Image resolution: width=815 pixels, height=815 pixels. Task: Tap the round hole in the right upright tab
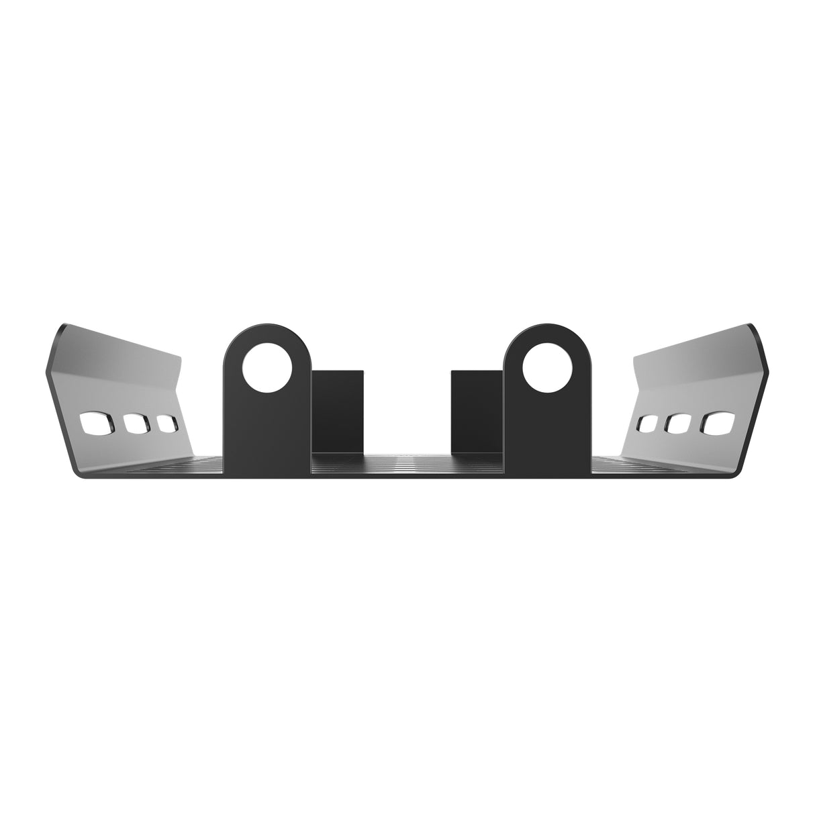tap(548, 369)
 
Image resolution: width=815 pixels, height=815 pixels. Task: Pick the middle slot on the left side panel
tap(136, 424)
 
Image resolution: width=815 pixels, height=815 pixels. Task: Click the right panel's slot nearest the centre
tap(649, 424)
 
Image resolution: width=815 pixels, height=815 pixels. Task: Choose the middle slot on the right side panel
tap(679, 424)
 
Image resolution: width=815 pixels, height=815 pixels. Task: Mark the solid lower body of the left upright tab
tap(267, 436)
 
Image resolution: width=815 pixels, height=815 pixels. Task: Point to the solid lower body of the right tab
tap(548, 436)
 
